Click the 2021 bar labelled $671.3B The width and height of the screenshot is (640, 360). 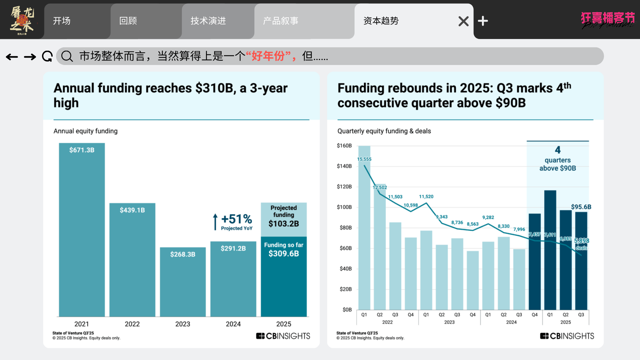click(x=82, y=230)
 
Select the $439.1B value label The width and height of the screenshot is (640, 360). click(x=132, y=210)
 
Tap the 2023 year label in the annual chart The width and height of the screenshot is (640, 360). click(x=183, y=324)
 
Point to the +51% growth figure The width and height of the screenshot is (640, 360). click(x=237, y=219)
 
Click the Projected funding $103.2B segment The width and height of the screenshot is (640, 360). click(x=284, y=219)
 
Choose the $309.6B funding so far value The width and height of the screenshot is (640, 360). click(x=284, y=254)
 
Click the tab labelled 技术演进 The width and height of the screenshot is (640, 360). click(x=208, y=21)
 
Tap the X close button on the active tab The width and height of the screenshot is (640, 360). click(x=463, y=21)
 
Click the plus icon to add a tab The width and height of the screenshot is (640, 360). click(x=483, y=21)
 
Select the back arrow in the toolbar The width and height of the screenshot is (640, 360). click(x=12, y=57)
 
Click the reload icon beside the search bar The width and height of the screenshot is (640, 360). click(x=47, y=56)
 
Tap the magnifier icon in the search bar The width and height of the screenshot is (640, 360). click(x=67, y=56)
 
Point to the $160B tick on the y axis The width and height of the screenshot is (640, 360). click(x=344, y=146)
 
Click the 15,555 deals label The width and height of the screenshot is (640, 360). click(x=364, y=159)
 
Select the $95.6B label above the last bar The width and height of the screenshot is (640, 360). click(x=581, y=207)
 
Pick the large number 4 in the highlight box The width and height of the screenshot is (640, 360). click(x=558, y=150)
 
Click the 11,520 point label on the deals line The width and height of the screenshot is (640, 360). click(x=426, y=197)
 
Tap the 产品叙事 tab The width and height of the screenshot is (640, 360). click(x=281, y=21)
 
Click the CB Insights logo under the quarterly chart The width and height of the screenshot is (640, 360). click(x=567, y=336)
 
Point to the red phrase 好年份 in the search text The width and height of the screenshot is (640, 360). click(x=268, y=56)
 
